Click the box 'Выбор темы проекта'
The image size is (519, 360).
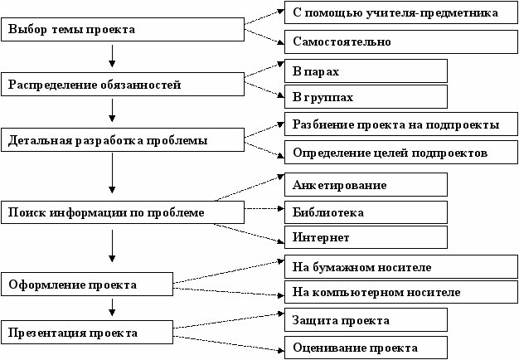(x=123, y=30)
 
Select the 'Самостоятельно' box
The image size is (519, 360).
(x=401, y=41)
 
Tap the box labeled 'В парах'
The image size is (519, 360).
(x=366, y=71)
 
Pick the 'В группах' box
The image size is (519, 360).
(x=366, y=97)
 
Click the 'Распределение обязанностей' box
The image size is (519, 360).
(x=123, y=85)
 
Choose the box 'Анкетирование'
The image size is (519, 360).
(x=366, y=184)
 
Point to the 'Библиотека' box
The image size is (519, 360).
(x=366, y=212)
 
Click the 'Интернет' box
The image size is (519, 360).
(x=366, y=237)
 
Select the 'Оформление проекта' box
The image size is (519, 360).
(x=87, y=285)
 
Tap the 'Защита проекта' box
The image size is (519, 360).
(x=366, y=320)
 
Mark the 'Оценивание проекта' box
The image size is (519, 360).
(x=366, y=348)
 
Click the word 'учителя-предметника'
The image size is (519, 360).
(x=432, y=13)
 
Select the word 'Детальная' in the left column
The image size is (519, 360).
(x=40, y=140)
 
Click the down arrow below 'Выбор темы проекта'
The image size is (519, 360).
(x=112, y=56)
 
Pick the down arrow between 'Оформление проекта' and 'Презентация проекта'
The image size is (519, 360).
(x=112, y=307)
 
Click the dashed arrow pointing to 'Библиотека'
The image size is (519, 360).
(x=264, y=209)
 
